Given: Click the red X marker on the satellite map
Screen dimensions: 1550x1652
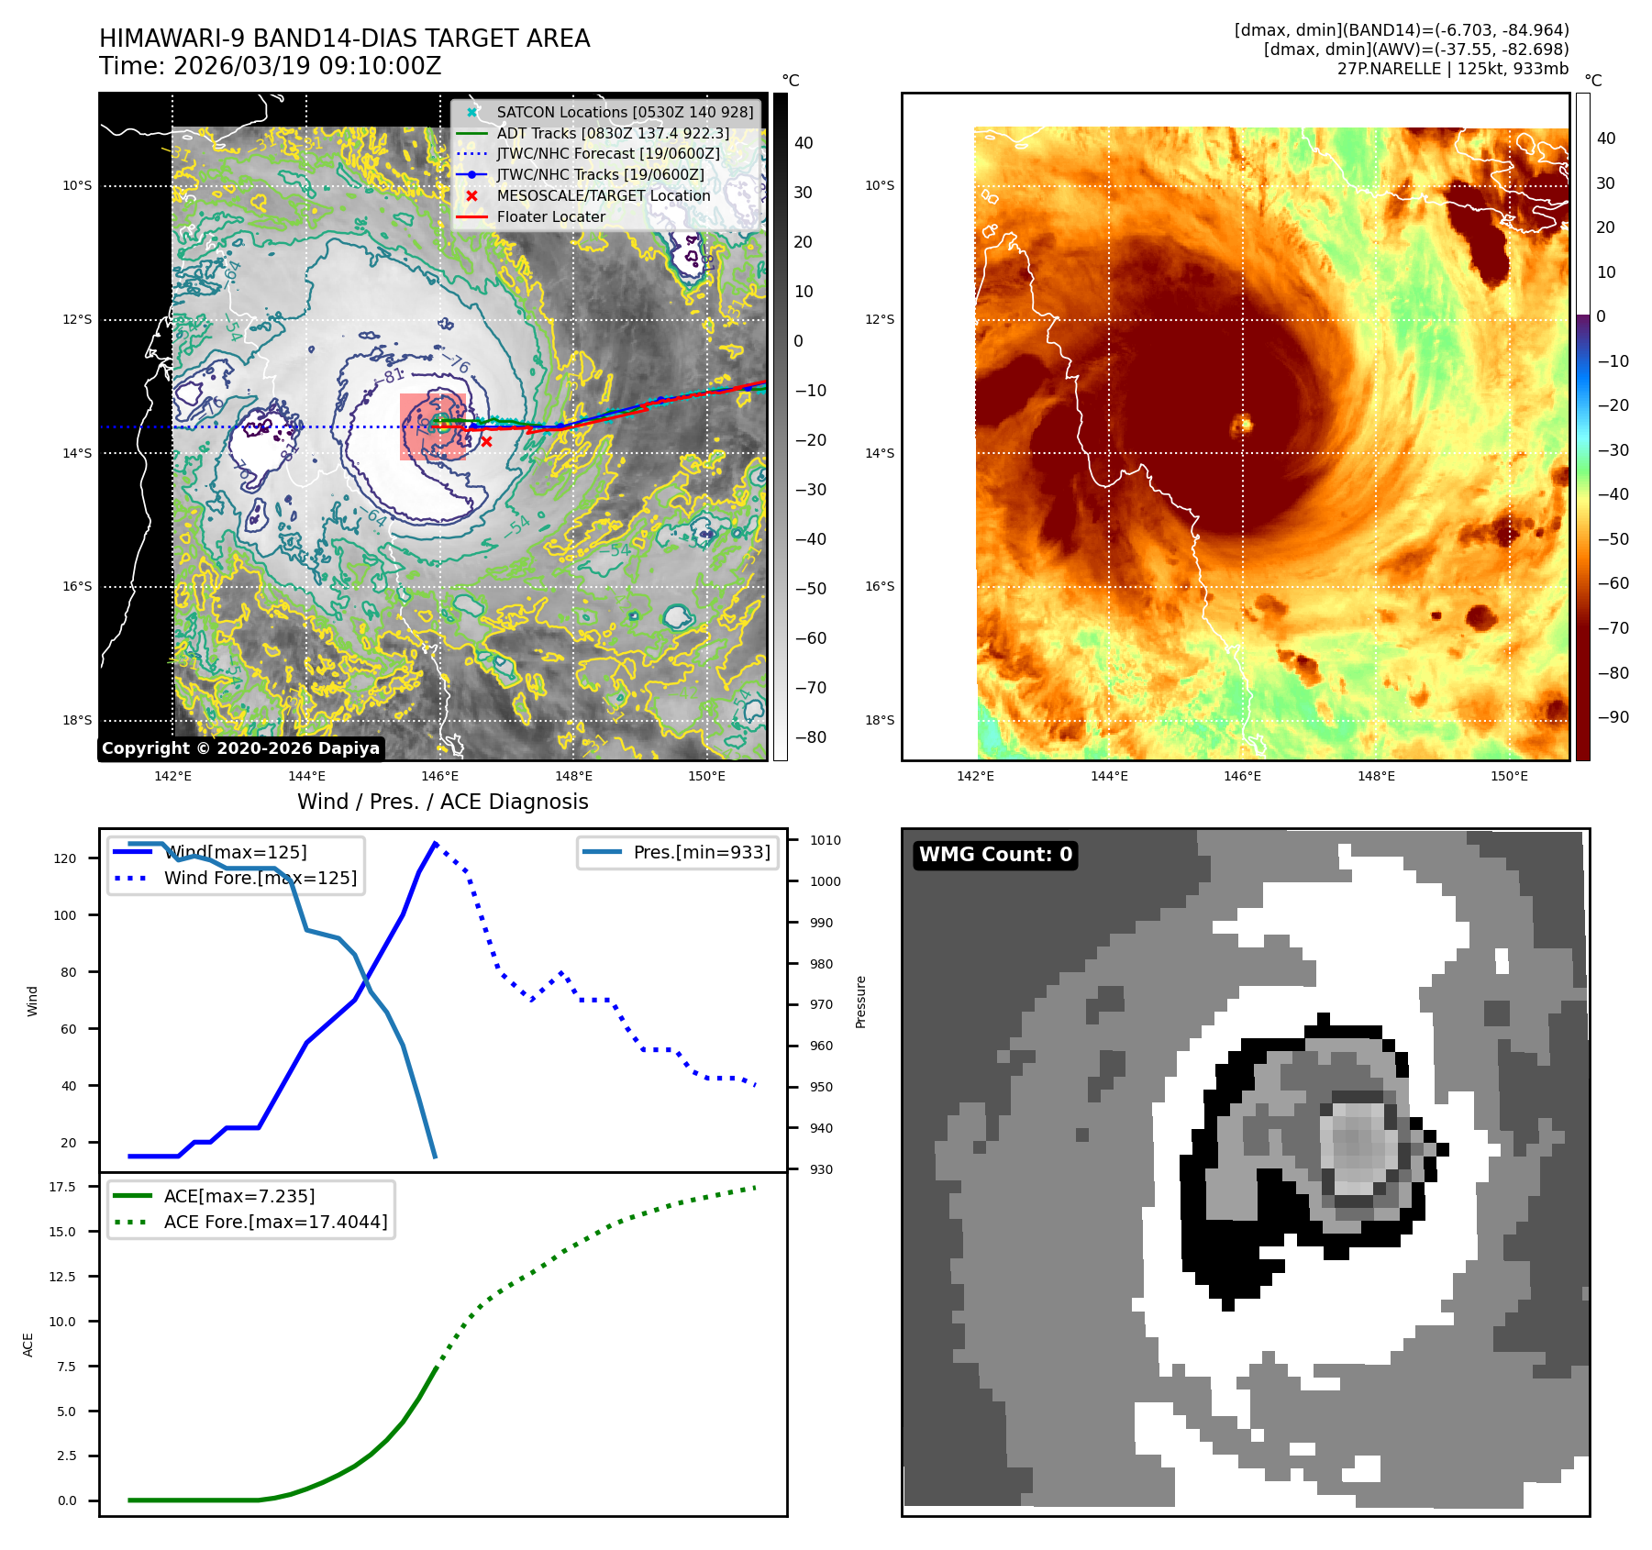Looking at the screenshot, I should pos(486,441).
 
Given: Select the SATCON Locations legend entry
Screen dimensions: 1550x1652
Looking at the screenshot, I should pos(624,112).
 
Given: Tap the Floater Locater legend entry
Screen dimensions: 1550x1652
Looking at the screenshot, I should pos(550,216).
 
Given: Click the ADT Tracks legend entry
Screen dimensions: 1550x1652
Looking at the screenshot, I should pos(612,133).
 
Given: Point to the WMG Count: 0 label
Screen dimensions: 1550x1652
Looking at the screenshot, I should pos(995,855).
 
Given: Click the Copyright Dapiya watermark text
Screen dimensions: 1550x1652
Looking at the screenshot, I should pos(240,748).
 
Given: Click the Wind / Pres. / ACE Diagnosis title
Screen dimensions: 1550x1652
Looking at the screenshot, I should pos(442,802).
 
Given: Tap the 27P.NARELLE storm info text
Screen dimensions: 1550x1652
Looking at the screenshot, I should pos(1452,69).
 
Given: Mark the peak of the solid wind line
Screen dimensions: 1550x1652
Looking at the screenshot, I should pos(435,843).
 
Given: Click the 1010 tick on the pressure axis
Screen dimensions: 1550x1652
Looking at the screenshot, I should pos(825,840).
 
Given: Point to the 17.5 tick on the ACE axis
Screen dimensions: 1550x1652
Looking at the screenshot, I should pos(62,1187).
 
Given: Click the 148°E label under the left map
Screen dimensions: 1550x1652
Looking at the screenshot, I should pos(573,776).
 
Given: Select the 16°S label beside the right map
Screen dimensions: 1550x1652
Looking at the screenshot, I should pos(879,586).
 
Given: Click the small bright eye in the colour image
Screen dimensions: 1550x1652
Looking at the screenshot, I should pos(1244,424).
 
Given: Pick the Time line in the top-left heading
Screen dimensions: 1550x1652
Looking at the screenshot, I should pos(270,66).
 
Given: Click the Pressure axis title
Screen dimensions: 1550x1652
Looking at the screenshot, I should pos(860,1002).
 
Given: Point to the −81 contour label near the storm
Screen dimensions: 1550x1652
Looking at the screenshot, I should pos(392,376).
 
